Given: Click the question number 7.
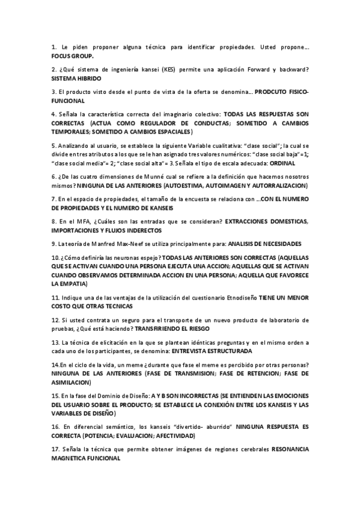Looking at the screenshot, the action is [53, 198].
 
